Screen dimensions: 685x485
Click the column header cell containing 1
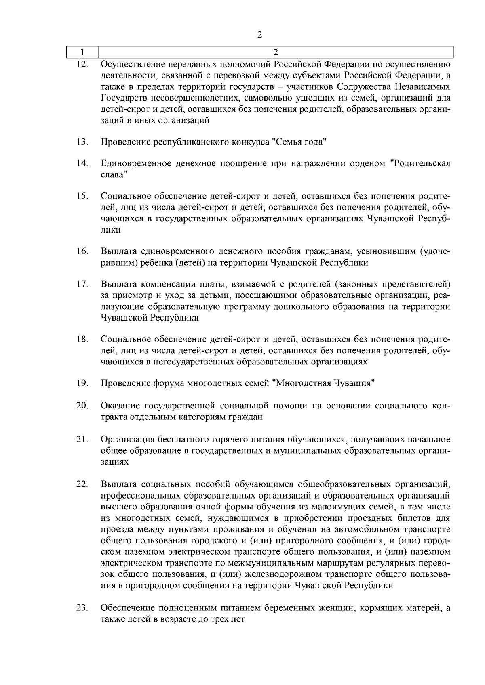coord(82,52)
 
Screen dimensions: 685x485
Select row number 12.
coord(82,64)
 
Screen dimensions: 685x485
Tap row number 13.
coord(82,142)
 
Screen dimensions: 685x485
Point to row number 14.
coord(82,163)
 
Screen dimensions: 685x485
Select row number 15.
coord(82,196)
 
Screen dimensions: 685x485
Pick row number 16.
coord(82,251)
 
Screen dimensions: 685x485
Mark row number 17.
coord(82,284)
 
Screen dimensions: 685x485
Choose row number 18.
coord(82,339)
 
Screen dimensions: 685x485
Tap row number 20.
coord(82,405)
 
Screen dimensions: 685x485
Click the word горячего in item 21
coord(226,439)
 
